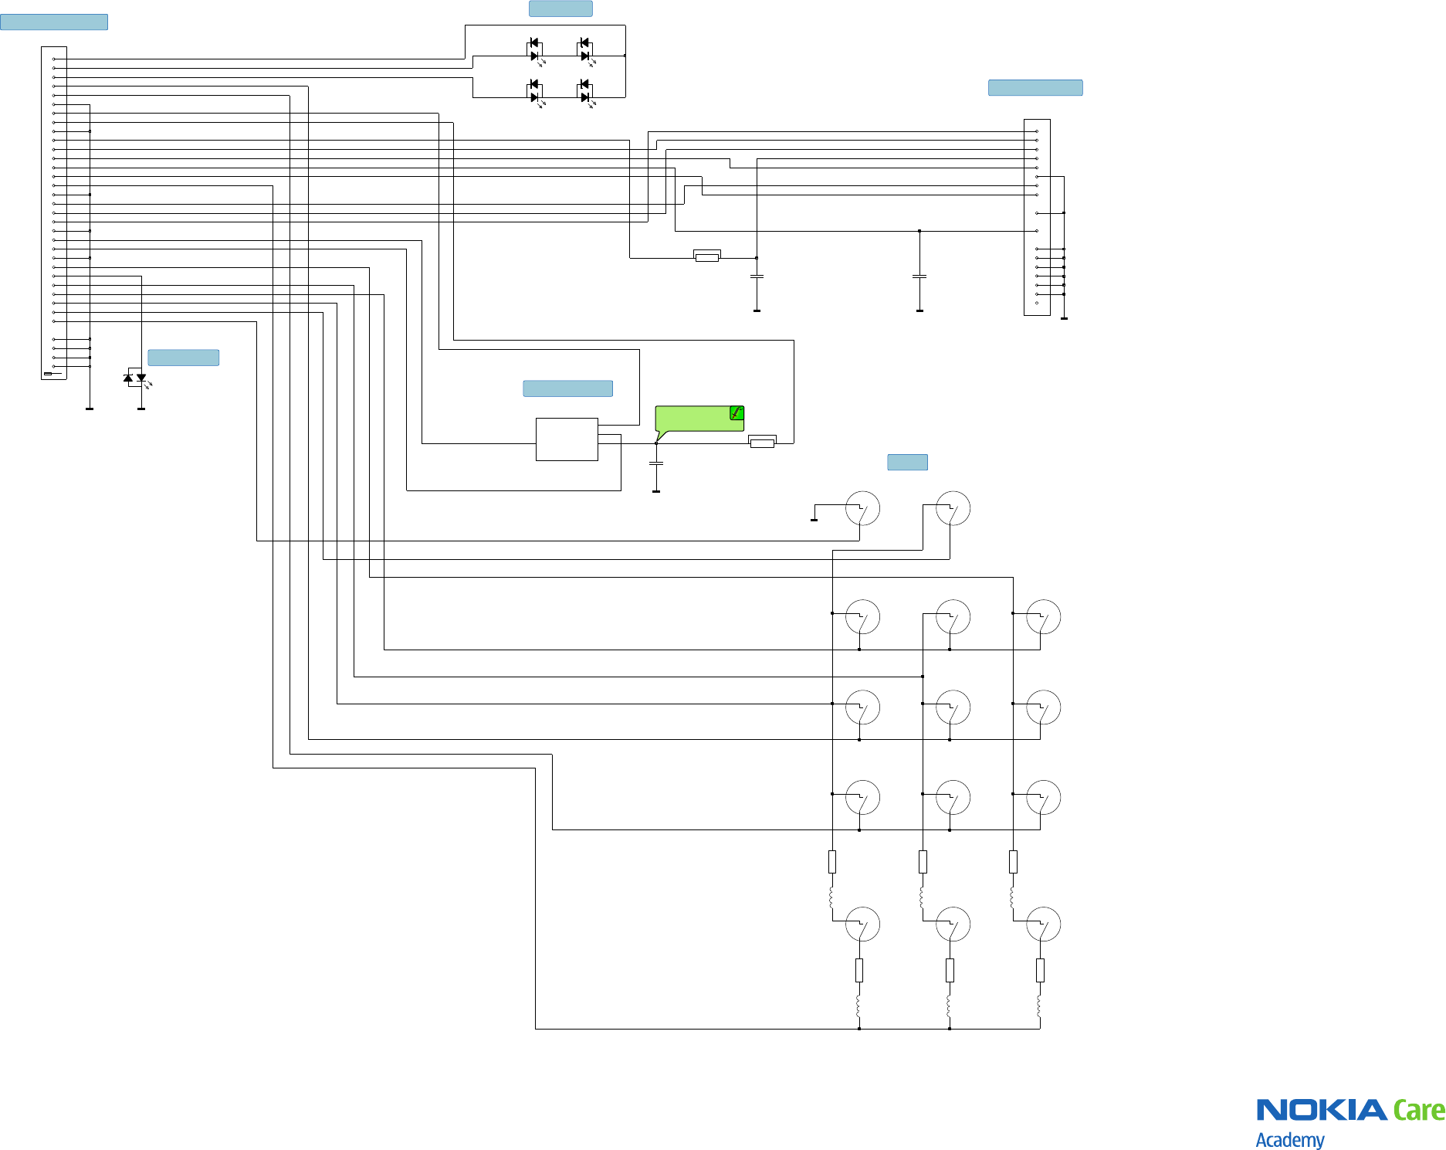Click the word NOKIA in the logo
point(1321,1111)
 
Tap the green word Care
point(1418,1111)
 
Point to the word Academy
point(1289,1140)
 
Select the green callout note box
point(695,419)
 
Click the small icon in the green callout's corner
point(737,413)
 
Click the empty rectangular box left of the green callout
point(567,439)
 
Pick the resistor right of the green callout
point(762,442)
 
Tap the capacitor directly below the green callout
point(656,463)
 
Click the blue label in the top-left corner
point(54,22)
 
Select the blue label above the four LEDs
point(560,8)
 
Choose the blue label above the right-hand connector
point(1035,87)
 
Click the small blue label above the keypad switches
point(907,462)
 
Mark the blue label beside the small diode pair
point(183,358)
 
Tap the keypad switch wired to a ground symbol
point(862,508)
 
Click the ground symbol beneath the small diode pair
point(141,408)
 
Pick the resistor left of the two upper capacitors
point(707,256)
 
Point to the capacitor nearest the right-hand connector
point(919,276)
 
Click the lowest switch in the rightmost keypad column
point(1043,924)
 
